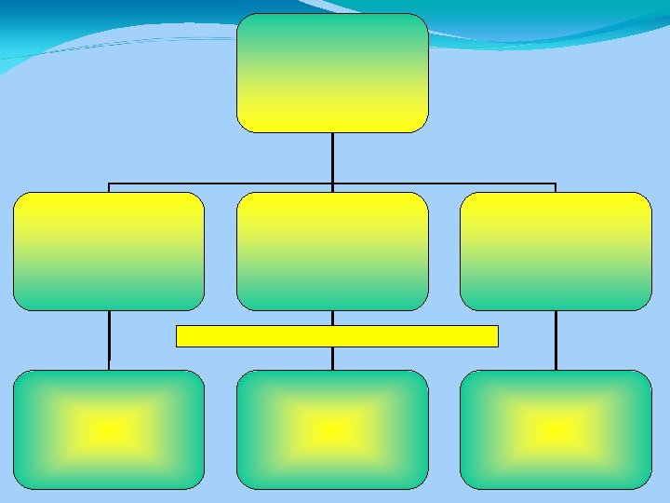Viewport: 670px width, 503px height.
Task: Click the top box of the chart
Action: [x=332, y=73]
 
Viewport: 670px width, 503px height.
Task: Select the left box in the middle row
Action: [x=109, y=251]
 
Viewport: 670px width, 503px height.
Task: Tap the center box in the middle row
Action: [x=332, y=251]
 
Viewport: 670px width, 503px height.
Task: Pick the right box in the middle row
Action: [x=556, y=251]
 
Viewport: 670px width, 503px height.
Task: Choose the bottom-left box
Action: [x=109, y=429]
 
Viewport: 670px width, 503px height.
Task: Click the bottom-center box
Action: [x=332, y=429]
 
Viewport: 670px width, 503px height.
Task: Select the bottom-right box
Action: [x=556, y=429]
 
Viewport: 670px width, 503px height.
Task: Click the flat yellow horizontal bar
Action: [x=337, y=335]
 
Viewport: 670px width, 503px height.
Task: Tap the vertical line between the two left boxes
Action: [x=109, y=340]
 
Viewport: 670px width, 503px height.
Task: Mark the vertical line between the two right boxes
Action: [x=556, y=340]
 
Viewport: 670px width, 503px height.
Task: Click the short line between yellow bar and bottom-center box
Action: [x=332, y=359]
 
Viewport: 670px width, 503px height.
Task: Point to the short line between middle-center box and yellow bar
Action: [x=332, y=318]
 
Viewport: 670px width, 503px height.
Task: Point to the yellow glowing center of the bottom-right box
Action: [x=556, y=429]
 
